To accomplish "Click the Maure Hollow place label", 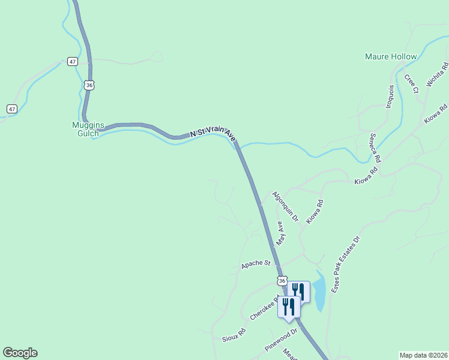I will [x=391, y=56].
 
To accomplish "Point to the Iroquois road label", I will [x=390, y=95].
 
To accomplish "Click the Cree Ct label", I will [x=411, y=84].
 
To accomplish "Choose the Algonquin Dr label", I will [x=285, y=206].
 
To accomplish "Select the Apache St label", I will [x=256, y=264].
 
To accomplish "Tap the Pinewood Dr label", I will [x=281, y=339].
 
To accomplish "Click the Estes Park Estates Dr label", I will [x=346, y=264].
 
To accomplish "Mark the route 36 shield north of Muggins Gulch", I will [x=89, y=85].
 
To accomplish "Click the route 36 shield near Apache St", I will [x=282, y=280].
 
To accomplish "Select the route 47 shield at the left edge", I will [x=11, y=109].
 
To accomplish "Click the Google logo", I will [x=20, y=353].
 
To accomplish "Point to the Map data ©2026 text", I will [x=423, y=355].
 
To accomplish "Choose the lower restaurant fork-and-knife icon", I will [x=289, y=306].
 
